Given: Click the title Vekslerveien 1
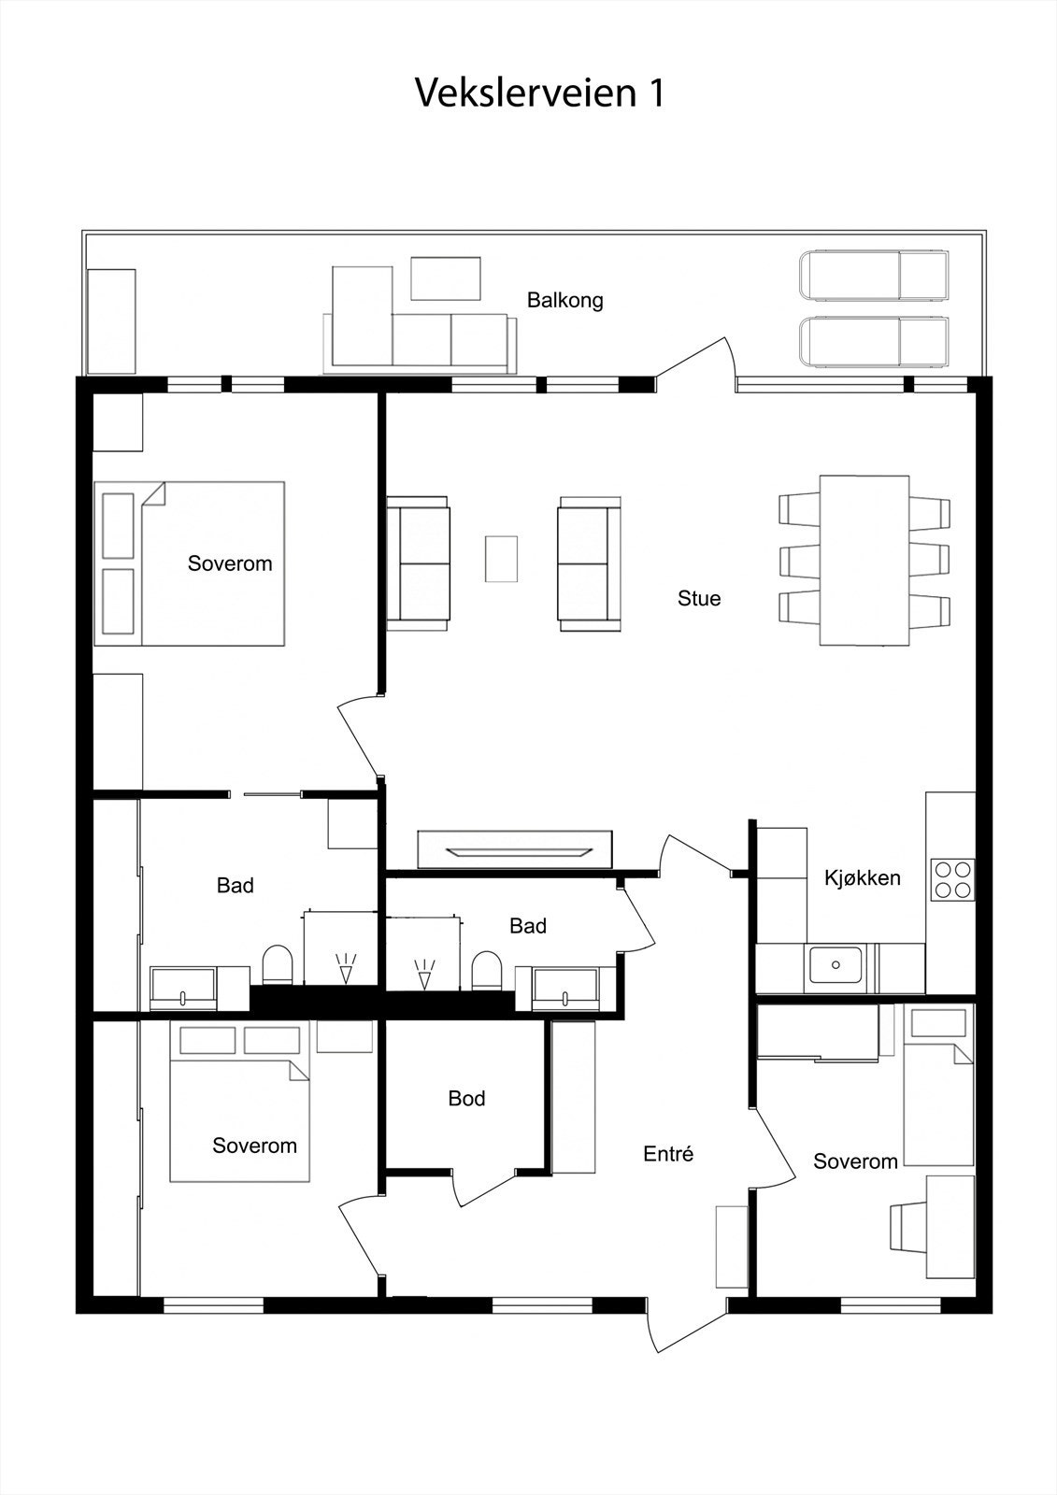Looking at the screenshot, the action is pos(540,93).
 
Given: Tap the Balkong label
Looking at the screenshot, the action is pos(564,300).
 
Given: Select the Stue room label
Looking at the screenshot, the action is pos(699,598).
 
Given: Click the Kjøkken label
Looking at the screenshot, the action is pos(862,877).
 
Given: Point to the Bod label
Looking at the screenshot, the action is pos(466,1098).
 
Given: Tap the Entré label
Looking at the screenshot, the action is pos(668,1153).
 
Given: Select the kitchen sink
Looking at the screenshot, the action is pos(836,964).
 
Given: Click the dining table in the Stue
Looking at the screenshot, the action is pos(864,560).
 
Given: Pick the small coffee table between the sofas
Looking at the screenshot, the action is pos(502,559).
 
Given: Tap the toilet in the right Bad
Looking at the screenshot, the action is pos(487,971).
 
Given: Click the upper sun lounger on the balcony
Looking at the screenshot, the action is pos(875,276).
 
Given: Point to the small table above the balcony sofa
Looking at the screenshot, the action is pos(446,278).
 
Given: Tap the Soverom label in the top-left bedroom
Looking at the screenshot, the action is pos(230,563).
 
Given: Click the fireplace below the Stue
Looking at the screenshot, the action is pos(514,849).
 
